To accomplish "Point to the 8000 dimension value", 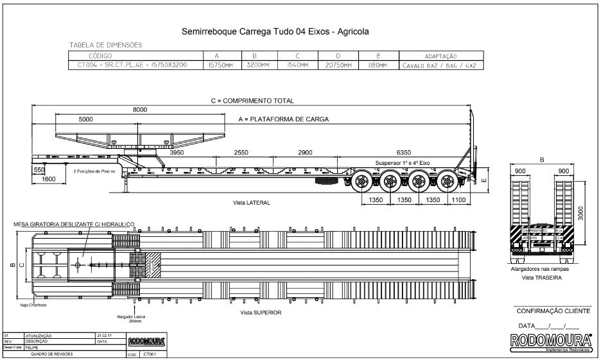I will coord(140,110).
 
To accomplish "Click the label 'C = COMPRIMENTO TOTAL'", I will coord(252,101).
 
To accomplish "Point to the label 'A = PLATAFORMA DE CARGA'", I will coord(283,119).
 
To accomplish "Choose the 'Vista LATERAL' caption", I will coord(252,202).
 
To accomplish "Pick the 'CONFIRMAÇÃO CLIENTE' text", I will coord(553,311).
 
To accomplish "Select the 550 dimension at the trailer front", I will coord(39,170).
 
